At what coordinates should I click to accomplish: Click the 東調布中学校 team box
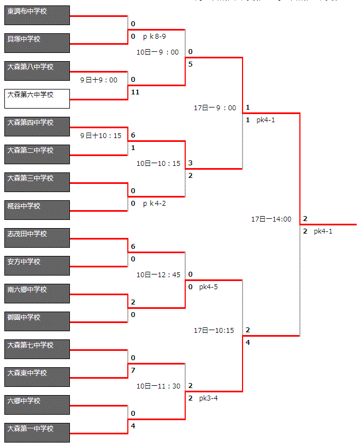[37, 15]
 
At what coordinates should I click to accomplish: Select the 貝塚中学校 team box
[37, 43]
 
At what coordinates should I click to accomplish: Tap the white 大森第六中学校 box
[37, 99]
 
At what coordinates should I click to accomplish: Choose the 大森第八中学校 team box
[37, 71]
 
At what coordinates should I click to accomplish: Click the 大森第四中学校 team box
[37, 127]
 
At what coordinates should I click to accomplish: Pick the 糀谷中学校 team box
[37, 210]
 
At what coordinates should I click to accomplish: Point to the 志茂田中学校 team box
[37, 238]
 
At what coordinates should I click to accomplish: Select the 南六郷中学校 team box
[37, 294]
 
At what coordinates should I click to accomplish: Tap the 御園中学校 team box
[37, 321]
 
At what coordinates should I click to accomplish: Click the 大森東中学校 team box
[37, 377]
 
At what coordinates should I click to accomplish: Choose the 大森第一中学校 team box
[37, 433]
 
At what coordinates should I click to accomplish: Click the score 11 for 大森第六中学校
[135, 92]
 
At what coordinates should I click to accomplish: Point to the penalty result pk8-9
[154, 37]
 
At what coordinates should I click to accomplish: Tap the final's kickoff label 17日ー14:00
[271, 219]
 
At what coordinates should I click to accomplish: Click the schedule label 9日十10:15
[101, 135]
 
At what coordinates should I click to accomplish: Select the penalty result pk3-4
[209, 398]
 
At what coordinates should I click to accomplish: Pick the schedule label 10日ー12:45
[158, 274]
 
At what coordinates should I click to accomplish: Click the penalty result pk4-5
[209, 286]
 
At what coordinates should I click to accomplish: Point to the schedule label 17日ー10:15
[214, 331]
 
